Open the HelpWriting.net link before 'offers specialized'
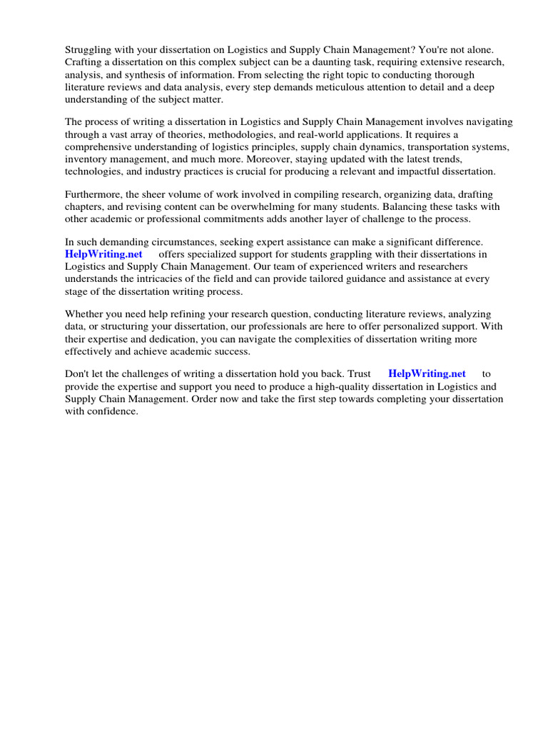pyautogui.click(x=103, y=254)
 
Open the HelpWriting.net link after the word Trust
pyautogui.click(x=427, y=373)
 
